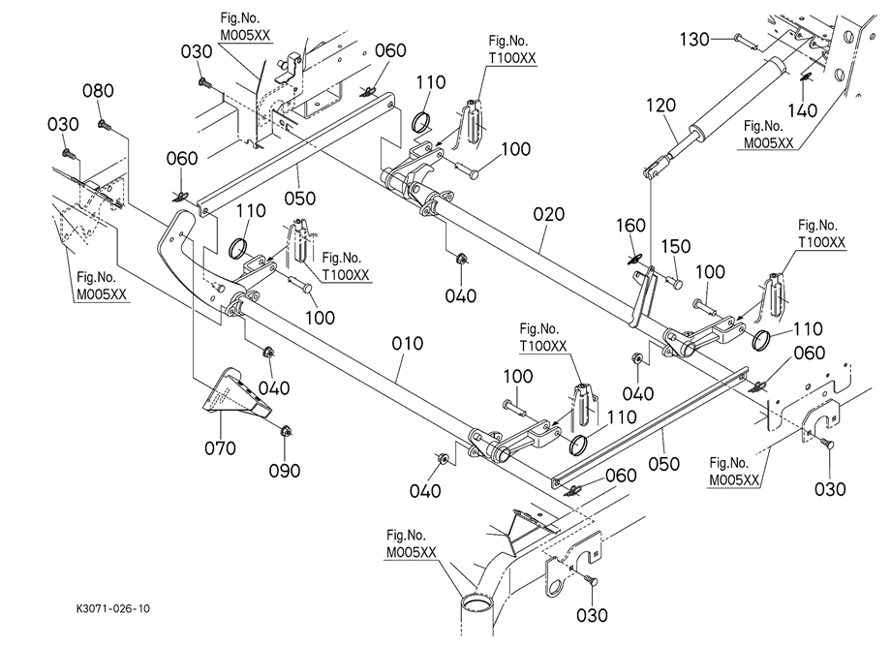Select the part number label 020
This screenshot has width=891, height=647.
click(x=547, y=214)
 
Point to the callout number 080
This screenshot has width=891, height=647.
click(x=98, y=91)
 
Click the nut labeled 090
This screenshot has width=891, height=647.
click(x=286, y=432)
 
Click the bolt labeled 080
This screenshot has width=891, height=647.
click(x=106, y=125)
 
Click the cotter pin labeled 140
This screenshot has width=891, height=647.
click(x=805, y=76)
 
